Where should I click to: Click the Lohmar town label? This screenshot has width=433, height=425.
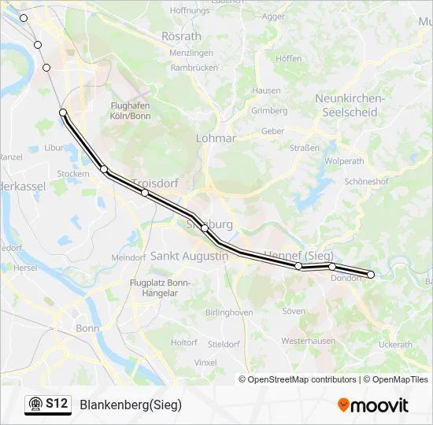click(x=216, y=139)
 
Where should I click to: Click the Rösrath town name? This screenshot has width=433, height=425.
click(x=181, y=37)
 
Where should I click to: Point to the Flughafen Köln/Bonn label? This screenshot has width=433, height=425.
click(x=131, y=111)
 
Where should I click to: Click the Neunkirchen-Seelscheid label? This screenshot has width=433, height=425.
click(x=349, y=105)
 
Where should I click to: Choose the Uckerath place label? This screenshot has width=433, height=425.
click(x=395, y=345)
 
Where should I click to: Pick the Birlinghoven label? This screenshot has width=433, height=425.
click(x=229, y=312)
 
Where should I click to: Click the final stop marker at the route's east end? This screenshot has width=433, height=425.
click(x=371, y=275)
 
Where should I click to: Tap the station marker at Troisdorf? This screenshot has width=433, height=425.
click(x=145, y=193)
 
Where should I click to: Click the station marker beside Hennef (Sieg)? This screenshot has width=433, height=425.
click(x=298, y=266)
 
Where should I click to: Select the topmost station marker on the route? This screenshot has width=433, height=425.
click(x=24, y=18)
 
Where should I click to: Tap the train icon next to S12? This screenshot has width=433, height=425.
click(x=35, y=405)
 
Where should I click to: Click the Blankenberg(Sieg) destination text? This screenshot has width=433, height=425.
click(x=131, y=405)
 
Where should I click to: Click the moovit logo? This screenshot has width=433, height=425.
click(x=373, y=405)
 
